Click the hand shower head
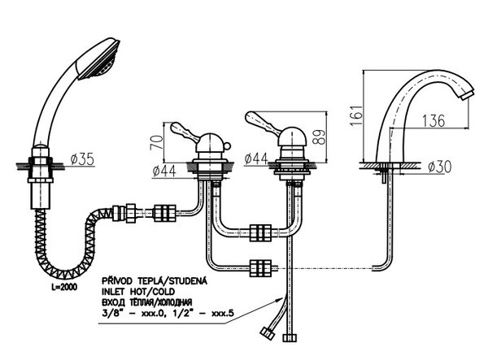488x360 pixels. coord(98,59)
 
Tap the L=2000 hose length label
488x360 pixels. coord(64,287)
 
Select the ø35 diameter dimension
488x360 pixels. coord(82,159)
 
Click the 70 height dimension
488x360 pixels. coord(157,142)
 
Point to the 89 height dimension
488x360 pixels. coord(320,137)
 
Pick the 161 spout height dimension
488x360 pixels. coord(356,115)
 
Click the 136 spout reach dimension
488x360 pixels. coord(434,120)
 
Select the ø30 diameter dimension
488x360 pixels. coord(439,167)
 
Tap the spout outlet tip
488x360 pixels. coord(467,95)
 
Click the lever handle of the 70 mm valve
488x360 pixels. coord(185,132)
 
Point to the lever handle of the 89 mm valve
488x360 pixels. coord(261,122)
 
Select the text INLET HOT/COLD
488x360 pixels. coord(138,292)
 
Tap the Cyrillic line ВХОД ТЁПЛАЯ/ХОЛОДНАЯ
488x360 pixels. coord(147,302)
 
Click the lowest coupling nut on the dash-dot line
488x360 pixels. coord(261,268)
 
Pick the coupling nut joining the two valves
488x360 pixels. coord(261,233)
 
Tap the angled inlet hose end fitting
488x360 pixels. coord(268,333)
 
